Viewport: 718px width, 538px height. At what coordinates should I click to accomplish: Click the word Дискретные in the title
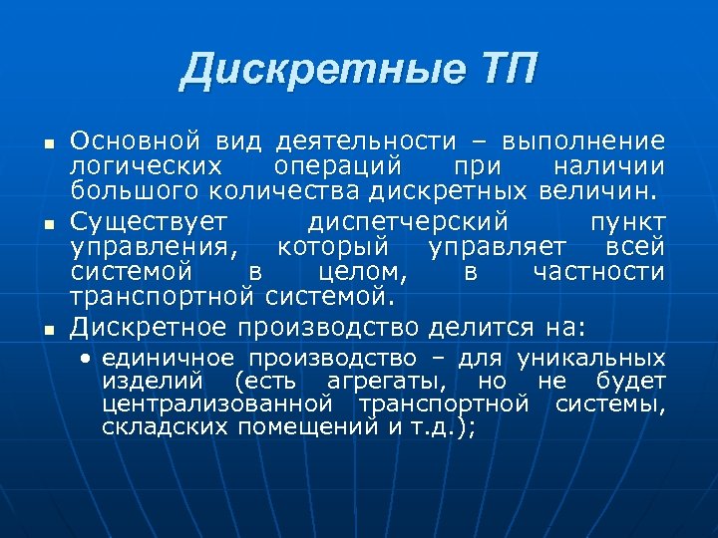319,71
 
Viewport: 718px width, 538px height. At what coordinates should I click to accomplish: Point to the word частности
599,271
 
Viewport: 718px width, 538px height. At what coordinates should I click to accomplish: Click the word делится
485,326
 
